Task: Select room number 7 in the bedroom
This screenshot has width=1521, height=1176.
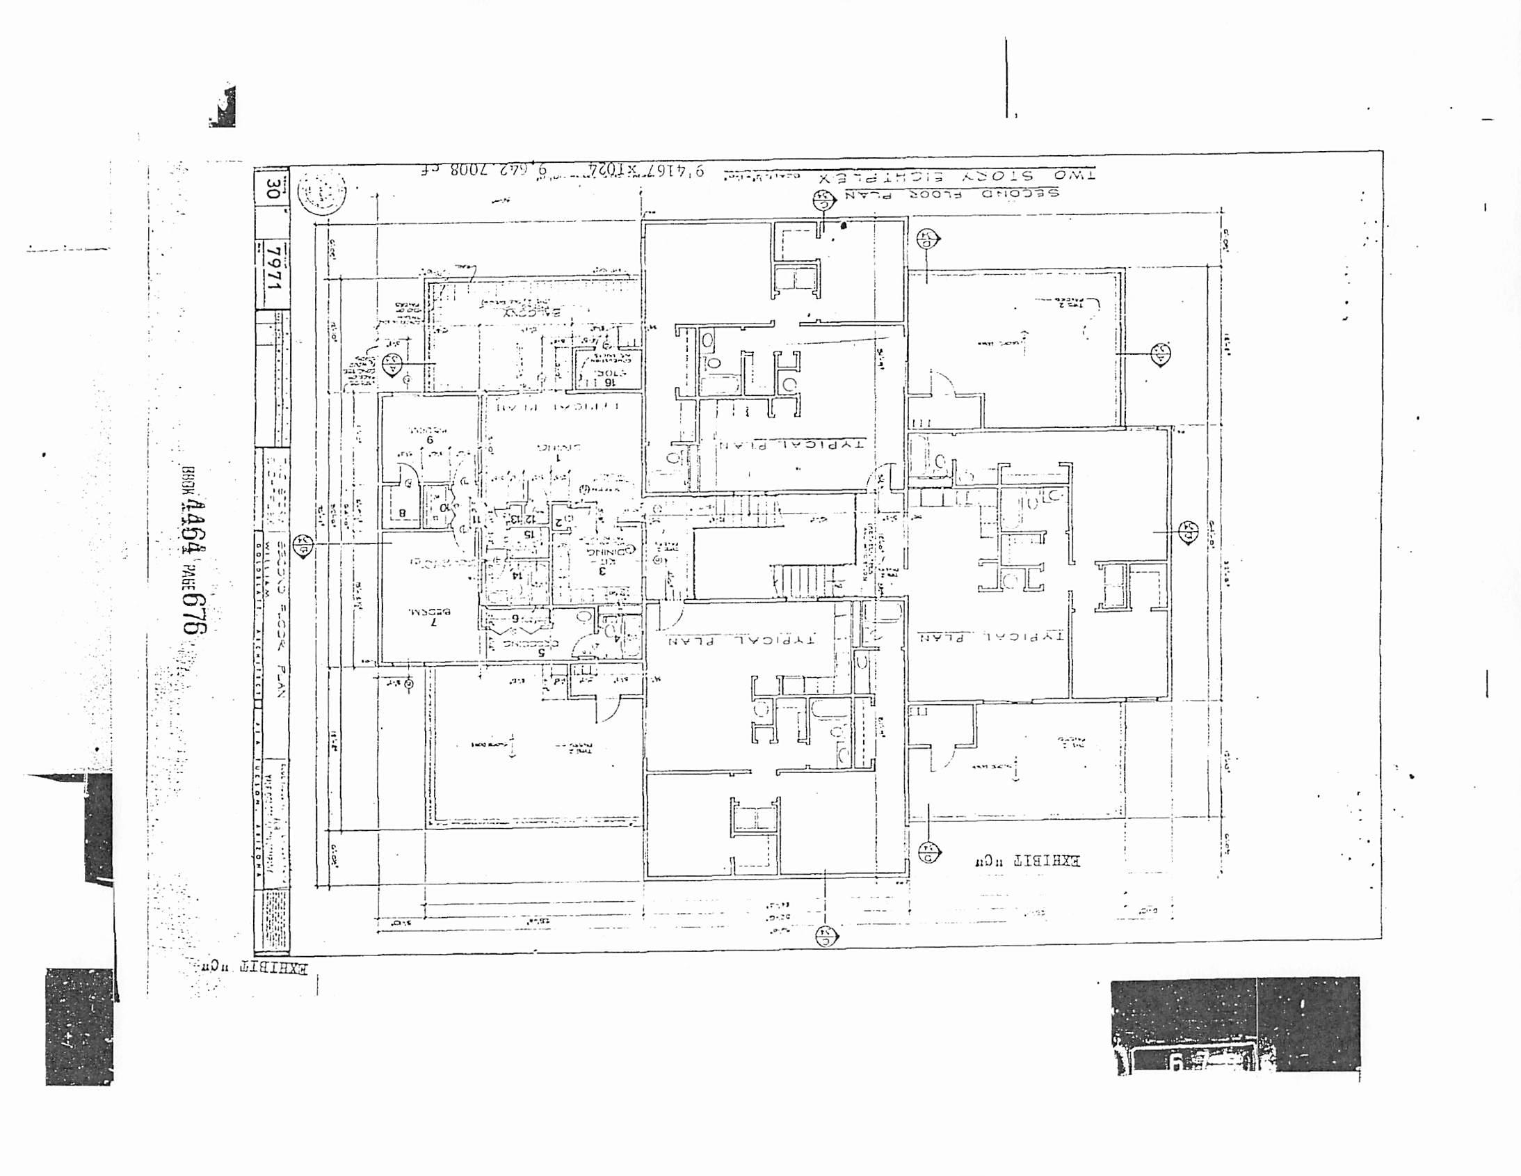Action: click(x=434, y=622)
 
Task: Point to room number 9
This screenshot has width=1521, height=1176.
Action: click(x=430, y=440)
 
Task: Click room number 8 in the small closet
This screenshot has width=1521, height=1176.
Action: click(x=402, y=514)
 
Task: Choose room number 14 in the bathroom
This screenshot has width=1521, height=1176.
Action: click(x=516, y=575)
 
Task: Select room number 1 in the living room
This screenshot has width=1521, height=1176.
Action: click(x=558, y=459)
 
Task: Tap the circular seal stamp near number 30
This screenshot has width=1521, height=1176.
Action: click(x=321, y=191)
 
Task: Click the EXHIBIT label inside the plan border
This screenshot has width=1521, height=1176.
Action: click(x=1027, y=860)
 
